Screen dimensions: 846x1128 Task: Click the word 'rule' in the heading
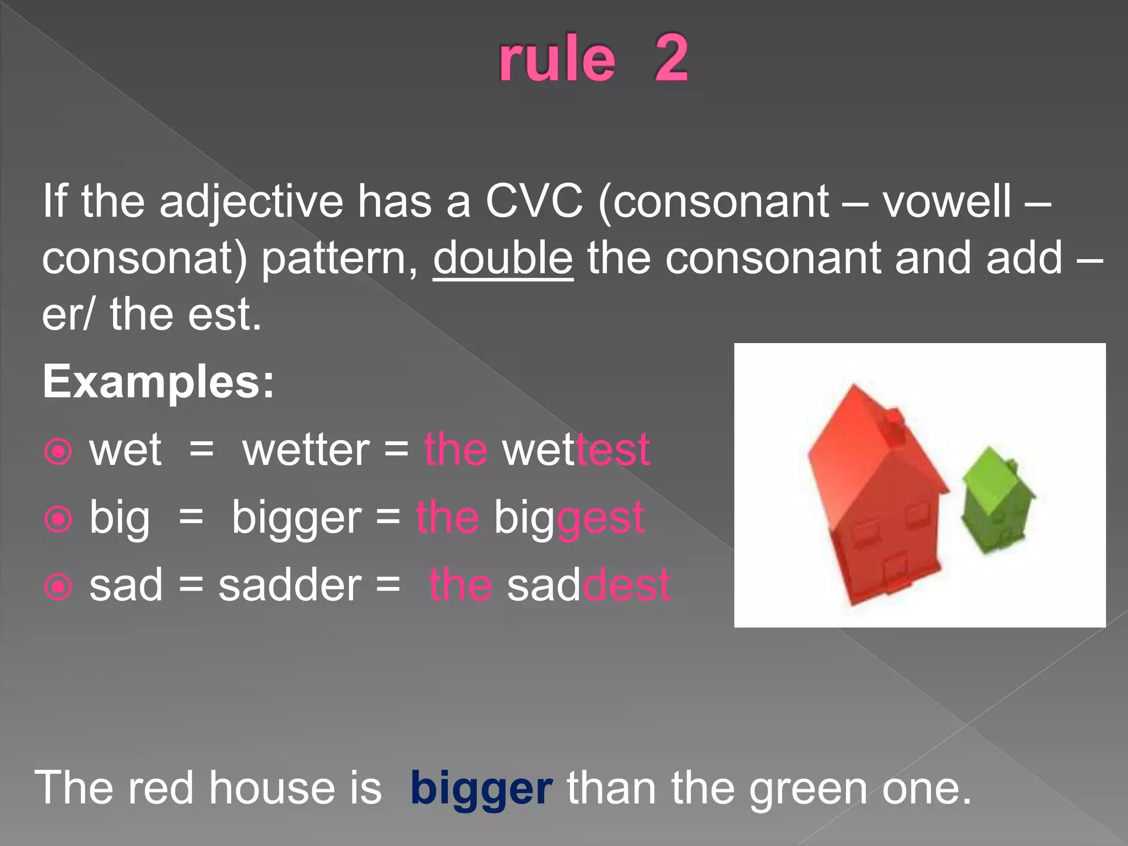[557, 59]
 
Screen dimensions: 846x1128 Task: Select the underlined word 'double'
[503, 258]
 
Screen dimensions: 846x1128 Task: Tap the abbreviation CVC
[534, 201]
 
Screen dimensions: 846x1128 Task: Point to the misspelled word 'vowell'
[947, 201]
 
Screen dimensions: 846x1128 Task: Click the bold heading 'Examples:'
[159, 381]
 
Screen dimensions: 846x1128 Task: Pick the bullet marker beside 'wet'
[58, 452]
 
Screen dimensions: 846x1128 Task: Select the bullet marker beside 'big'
[58, 519]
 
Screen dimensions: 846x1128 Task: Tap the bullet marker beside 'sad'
[58, 587]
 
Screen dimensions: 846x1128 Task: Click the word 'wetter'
[306, 451]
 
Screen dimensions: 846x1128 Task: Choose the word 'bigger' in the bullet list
[296, 518]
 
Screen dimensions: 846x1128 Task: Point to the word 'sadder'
[290, 585]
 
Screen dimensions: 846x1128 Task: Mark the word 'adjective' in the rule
[251, 202]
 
